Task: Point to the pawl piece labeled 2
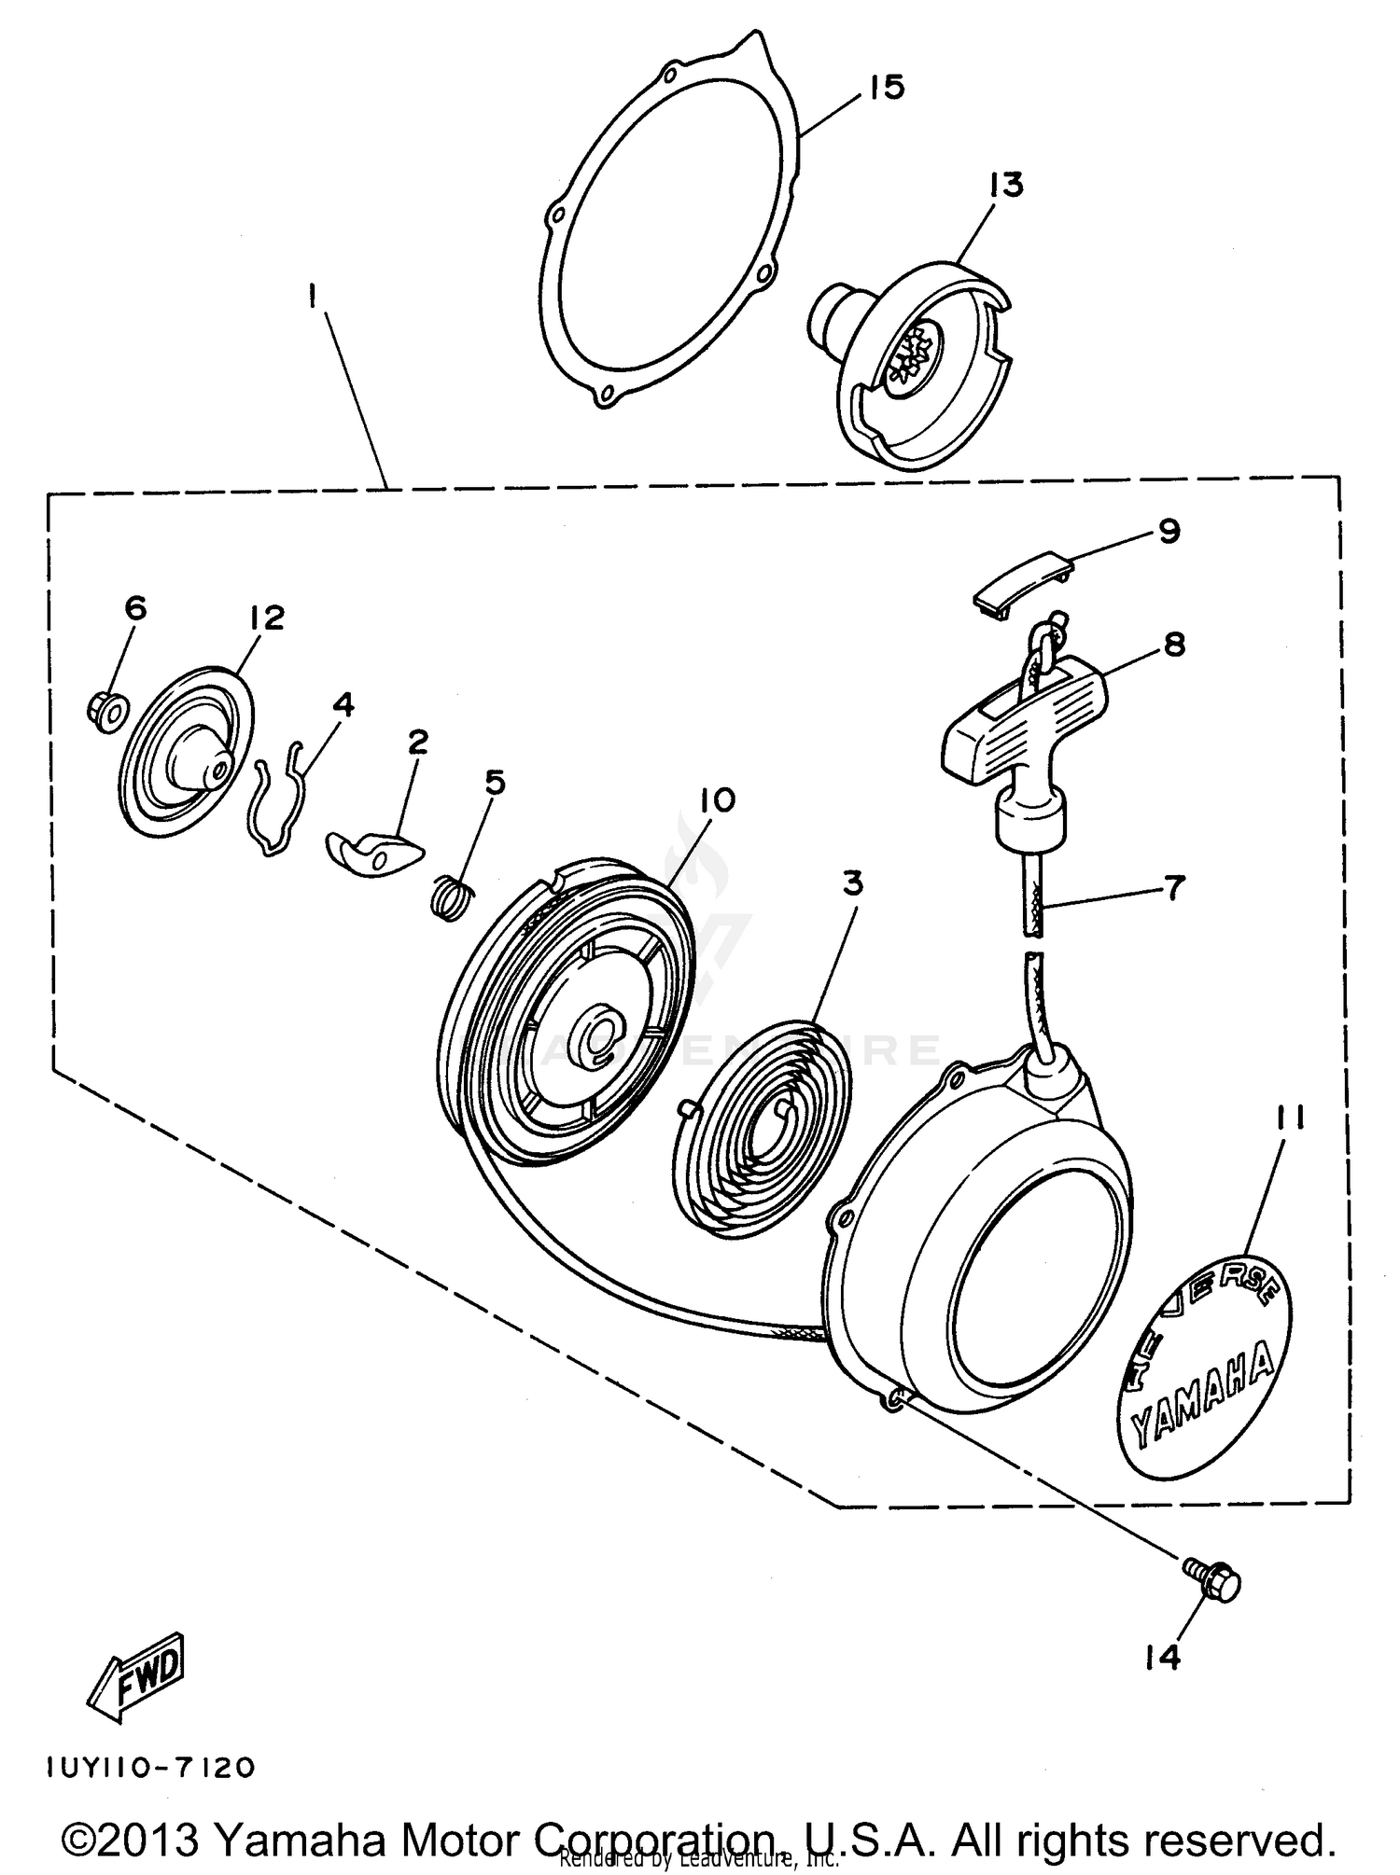click(x=373, y=852)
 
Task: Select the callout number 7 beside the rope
click(x=1173, y=886)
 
